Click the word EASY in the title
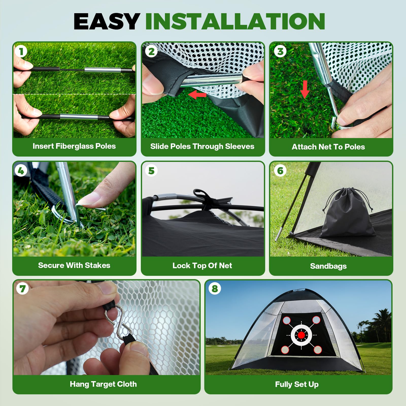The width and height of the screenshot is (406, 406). [x=107, y=21]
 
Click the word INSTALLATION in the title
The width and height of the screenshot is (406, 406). [x=235, y=21]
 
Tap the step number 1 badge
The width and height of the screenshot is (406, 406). [x=21, y=52]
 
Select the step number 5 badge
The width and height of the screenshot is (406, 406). [x=151, y=171]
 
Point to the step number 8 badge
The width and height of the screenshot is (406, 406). [x=215, y=289]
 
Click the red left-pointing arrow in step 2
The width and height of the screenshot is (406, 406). [x=197, y=95]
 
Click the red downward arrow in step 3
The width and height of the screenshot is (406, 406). [x=305, y=89]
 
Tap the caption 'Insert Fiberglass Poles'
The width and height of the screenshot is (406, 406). [x=74, y=146]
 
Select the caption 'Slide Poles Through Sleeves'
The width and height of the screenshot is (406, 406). [x=202, y=146]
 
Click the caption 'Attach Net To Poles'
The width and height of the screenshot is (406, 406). [x=328, y=147]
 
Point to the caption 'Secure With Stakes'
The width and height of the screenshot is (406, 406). [x=74, y=265]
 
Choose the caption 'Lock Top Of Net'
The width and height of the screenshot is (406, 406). [x=202, y=266]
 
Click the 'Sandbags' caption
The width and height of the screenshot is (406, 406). [x=328, y=266]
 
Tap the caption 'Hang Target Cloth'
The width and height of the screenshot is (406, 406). [x=103, y=384]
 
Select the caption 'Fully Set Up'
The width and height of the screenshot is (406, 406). [x=297, y=384]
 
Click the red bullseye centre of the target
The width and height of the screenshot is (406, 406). [x=301, y=335]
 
